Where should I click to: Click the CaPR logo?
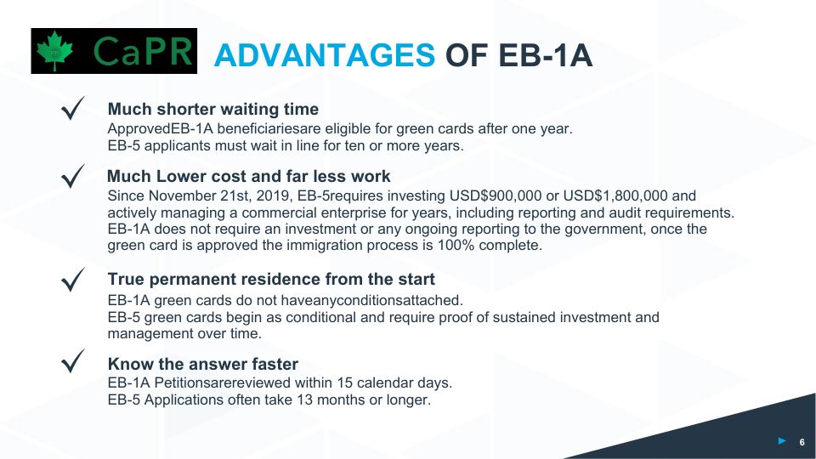click(x=113, y=51)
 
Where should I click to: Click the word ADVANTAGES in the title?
click(x=324, y=55)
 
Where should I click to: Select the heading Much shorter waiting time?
click(x=212, y=110)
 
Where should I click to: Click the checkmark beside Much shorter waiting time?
click(x=73, y=110)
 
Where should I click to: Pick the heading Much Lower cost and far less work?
click(x=249, y=177)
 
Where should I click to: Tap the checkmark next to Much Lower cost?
click(x=73, y=177)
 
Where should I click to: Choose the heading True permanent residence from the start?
click(x=271, y=280)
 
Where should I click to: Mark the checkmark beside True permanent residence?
click(x=73, y=280)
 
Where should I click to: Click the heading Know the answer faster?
click(x=202, y=365)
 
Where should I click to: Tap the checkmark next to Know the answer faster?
click(x=73, y=365)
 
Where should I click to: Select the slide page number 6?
click(x=802, y=441)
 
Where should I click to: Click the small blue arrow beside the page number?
click(x=782, y=440)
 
